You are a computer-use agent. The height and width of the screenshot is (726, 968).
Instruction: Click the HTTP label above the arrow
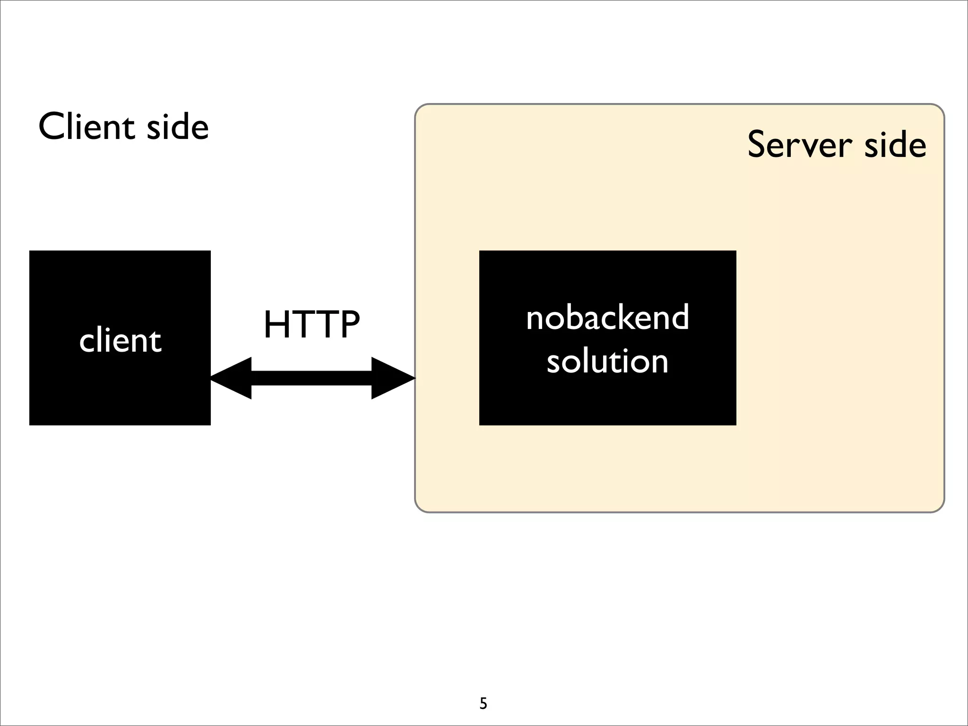tap(312, 325)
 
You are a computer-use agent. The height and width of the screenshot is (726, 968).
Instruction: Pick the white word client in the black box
tap(121, 340)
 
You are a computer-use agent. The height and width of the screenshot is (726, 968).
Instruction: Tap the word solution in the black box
tap(607, 361)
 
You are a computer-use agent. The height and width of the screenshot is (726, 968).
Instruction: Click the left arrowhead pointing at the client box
tap(232, 378)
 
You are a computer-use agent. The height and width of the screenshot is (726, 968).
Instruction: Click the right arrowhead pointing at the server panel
tap(392, 378)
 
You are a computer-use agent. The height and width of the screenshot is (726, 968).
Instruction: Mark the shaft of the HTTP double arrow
tap(312, 378)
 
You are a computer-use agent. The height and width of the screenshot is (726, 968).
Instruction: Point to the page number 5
tap(483, 704)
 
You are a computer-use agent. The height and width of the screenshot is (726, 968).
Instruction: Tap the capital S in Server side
tap(758, 144)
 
